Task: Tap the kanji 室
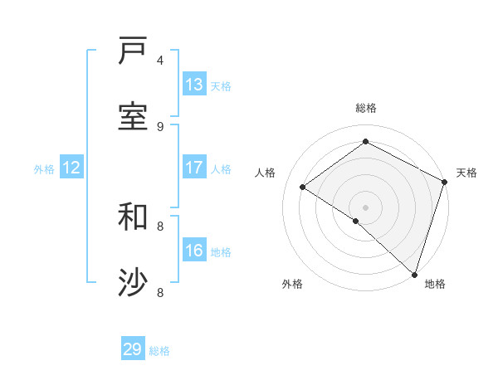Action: [133, 117]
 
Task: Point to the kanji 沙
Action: [133, 283]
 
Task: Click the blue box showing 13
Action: [194, 85]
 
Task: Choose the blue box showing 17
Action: [194, 168]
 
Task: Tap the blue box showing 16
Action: [194, 251]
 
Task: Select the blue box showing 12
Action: [71, 168]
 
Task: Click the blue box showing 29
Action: [133, 349]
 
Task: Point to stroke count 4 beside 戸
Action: [161, 60]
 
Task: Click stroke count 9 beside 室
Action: [161, 126]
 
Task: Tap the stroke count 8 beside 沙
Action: [161, 292]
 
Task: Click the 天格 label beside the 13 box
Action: [220, 86]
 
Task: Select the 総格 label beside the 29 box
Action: [159, 351]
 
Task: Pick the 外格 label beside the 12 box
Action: [44, 169]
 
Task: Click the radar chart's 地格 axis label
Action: [435, 284]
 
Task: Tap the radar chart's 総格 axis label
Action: [366, 108]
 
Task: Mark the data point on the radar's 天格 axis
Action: [445, 183]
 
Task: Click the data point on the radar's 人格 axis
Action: [303, 188]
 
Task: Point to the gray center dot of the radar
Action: [366, 207]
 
